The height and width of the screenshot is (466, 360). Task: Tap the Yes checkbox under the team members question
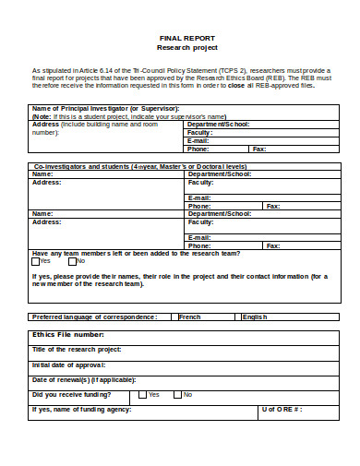click(36, 261)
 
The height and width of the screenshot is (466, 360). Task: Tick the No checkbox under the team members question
click(72, 261)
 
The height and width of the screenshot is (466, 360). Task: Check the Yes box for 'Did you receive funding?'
click(143, 394)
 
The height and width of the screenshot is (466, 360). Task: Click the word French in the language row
click(190, 317)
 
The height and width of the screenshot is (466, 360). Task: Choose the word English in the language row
click(255, 317)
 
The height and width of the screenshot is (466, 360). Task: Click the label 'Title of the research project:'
click(77, 350)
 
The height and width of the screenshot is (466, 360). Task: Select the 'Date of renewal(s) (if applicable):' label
click(84, 379)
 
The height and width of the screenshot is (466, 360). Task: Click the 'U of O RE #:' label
click(282, 409)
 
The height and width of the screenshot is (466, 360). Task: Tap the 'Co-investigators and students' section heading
click(80, 166)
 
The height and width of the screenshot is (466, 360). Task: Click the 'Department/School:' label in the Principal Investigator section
click(218, 124)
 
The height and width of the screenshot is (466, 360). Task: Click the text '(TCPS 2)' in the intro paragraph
click(234, 70)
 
